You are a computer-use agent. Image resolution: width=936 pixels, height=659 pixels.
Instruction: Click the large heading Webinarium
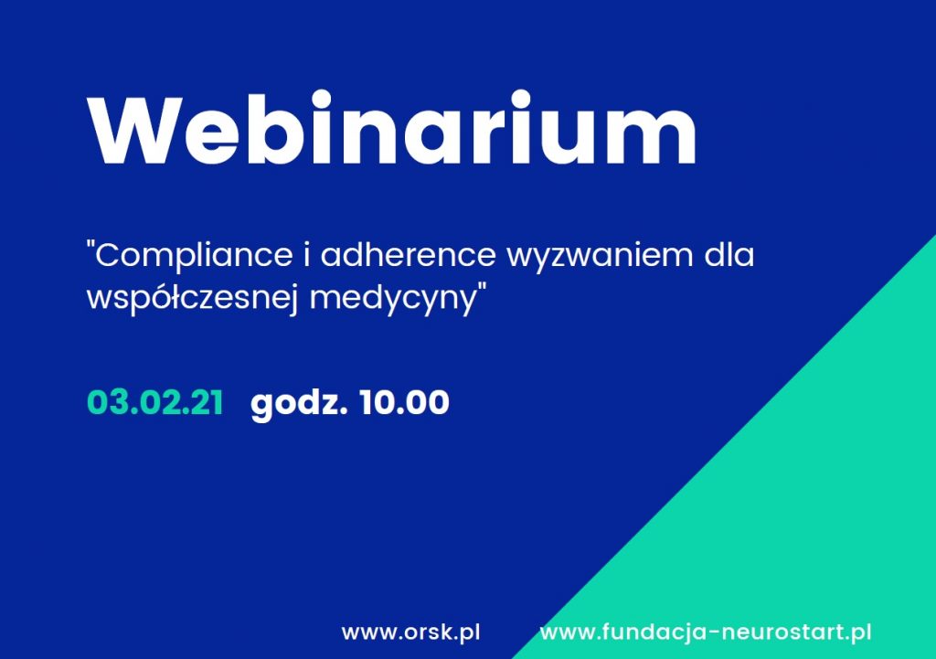[x=392, y=128]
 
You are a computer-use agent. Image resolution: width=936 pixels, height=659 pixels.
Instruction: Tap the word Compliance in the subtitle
[x=194, y=256]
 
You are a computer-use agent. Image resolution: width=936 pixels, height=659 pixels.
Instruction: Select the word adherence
[x=409, y=254]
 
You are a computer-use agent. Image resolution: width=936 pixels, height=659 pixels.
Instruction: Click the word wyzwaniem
[x=600, y=257]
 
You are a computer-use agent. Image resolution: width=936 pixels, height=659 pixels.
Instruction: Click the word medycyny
[x=391, y=298]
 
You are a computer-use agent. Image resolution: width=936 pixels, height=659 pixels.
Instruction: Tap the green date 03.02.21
[x=155, y=402]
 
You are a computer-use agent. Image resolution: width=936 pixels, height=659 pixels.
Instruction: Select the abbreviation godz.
[x=299, y=404]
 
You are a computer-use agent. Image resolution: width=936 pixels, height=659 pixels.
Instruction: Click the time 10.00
[x=404, y=402]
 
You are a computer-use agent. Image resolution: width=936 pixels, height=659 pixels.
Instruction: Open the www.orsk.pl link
[x=410, y=632]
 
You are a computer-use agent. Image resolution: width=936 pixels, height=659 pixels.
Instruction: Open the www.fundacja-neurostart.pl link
[x=706, y=632]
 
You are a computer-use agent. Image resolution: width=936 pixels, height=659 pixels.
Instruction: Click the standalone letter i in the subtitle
[x=307, y=254]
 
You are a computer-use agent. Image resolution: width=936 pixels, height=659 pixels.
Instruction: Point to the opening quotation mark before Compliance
[x=90, y=245]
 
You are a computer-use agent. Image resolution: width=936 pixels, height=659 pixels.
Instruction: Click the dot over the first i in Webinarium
[x=322, y=99]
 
